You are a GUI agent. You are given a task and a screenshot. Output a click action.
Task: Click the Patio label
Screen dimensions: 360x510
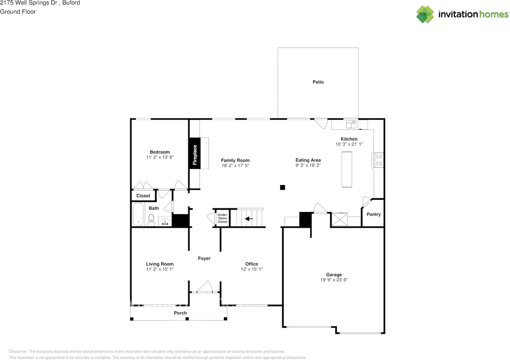[318, 82]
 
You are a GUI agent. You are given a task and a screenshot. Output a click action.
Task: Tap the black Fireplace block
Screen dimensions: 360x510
[195, 153]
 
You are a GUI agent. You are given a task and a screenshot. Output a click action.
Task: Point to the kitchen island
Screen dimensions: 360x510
[347, 169]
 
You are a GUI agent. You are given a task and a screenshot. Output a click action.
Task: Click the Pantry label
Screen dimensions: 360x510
[373, 214]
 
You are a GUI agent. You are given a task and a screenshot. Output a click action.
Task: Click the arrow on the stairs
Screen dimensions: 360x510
[249, 218]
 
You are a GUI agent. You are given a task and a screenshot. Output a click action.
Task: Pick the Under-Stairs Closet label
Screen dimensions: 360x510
[222, 218]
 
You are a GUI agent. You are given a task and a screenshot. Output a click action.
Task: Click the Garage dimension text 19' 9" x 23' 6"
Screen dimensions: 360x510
[334, 280]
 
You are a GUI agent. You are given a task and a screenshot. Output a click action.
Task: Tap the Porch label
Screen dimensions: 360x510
[180, 313]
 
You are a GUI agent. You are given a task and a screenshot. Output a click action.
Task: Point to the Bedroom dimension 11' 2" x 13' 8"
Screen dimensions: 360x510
[160, 157]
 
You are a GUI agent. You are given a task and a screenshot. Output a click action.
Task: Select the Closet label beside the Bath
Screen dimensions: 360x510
[143, 196]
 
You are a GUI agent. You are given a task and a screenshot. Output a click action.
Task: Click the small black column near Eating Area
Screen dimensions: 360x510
[282, 187]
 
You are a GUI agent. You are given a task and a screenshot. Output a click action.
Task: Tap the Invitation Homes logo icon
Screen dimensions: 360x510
[425, 14]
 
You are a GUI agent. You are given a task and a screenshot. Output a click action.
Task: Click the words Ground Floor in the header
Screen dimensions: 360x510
[18, 12]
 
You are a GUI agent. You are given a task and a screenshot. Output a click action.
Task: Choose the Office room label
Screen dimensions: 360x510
[251, 264]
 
